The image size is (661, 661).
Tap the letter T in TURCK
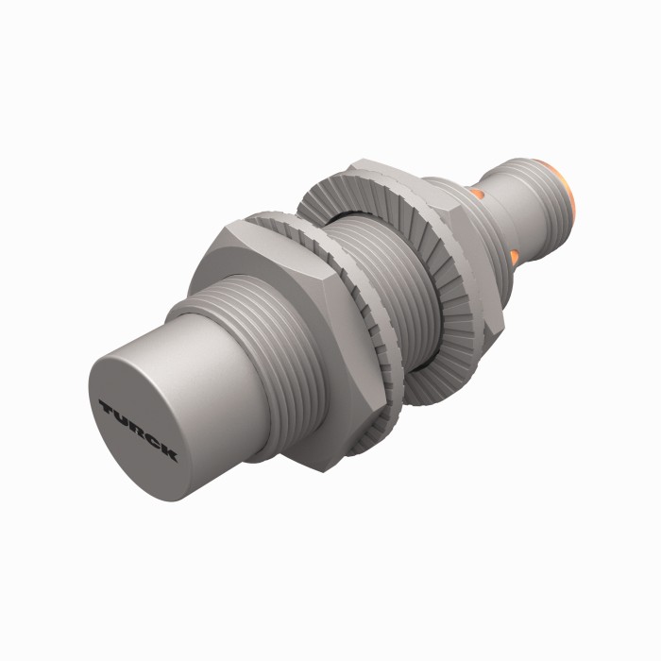(105, 408)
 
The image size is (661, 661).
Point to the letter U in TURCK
(119, 418)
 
